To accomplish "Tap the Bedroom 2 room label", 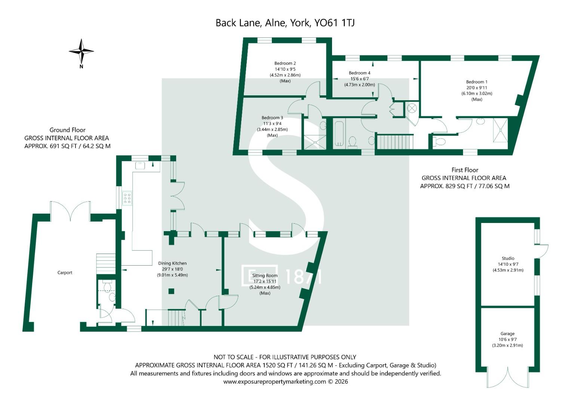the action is (285, 63).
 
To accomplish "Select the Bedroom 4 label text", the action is (359, 73).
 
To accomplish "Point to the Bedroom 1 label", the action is (477, 82).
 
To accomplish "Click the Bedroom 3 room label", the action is (272, 117).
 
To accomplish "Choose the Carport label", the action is (65, 273).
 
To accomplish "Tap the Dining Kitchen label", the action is (172, 263).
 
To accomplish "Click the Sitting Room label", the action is (265, 275).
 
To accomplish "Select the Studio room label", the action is (508, 258).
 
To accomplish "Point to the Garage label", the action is (507, 334).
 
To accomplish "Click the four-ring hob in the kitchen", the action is (127, 198).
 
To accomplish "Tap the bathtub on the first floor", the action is (339, 134).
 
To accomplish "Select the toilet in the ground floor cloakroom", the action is (107, 285).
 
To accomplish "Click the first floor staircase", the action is (395, 141).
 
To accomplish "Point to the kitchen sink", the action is (140, 165).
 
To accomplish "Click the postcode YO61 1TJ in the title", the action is (334, 23).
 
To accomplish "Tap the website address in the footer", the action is (274, 382).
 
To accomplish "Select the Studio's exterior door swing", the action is (541, 251).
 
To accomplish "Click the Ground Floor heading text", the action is (67, 130).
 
